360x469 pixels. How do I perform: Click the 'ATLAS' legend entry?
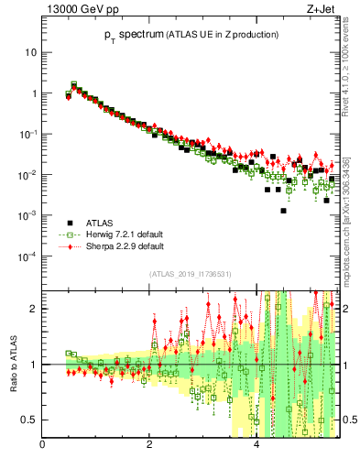tap(102, 223)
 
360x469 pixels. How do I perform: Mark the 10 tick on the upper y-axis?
tap(30, 52)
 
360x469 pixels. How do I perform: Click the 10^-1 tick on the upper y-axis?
tap(27, 134)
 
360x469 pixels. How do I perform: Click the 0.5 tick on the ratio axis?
tap(29, 420)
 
